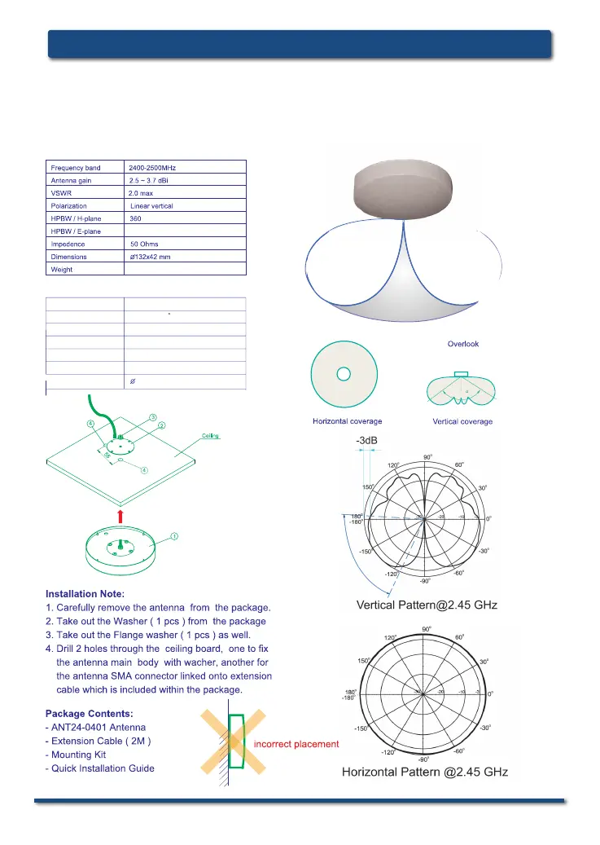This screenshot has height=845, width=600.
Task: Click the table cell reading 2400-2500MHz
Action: (153, 167)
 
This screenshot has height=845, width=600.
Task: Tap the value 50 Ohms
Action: (144, 244)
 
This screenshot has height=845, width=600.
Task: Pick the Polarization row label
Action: (68, 205)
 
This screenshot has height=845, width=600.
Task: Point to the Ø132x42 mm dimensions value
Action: (150, 256)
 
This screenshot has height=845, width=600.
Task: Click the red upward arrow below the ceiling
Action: (120, 515)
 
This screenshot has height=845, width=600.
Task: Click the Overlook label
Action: (462, 344)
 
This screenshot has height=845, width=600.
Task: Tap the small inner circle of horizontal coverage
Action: (344, 373)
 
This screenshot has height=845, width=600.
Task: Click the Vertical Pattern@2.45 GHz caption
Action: (427, 605)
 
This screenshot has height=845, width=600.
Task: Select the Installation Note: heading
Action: (85, 593)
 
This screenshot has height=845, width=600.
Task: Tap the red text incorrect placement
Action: (296, 744)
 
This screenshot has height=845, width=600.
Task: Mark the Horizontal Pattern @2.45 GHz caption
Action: (424, 772)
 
